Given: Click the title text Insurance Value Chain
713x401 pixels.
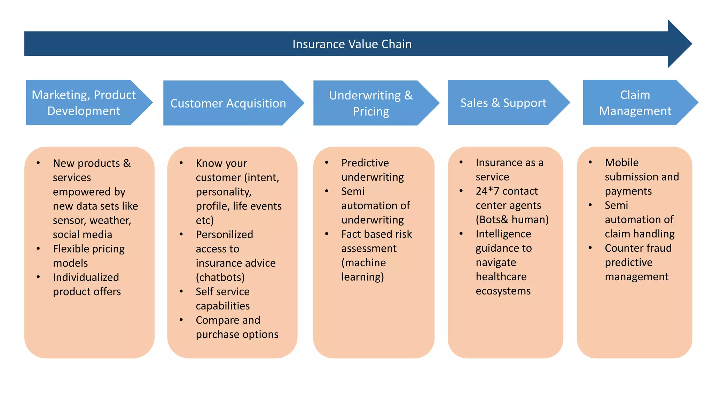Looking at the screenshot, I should click(x=352, y=44).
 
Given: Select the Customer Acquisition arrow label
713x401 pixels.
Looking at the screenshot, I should click(x=228, y=103).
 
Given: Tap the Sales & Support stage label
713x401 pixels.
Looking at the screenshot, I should click(x=503, y=103).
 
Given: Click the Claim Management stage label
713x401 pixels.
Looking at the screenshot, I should click(x=635, y=103).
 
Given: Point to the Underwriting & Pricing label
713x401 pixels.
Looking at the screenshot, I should click(x=371, y=103).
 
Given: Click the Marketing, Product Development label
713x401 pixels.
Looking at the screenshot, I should click(x=84, y=103).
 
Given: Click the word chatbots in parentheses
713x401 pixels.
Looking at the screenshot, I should click(x=220, y=277).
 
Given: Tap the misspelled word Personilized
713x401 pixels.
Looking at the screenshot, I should click(x=224, y=235).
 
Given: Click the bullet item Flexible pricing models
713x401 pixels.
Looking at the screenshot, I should click(x=88, y=256).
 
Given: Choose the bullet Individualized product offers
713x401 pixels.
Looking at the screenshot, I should click(x=86, y=284).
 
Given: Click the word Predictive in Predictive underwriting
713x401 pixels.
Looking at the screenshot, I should click(x=365, y=163).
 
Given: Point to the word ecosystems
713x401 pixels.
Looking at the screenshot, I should click(x=503, y=291).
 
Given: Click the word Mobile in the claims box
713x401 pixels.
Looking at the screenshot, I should click(x=621, y=163).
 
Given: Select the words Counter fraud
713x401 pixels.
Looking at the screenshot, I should click(x=638, y=248).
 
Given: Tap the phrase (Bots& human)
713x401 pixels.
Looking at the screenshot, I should click(x=512, y=220).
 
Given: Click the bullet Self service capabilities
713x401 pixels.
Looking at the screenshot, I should click(x=223, y=299).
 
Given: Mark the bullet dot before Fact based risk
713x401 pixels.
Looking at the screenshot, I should click(x=327, y=234).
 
